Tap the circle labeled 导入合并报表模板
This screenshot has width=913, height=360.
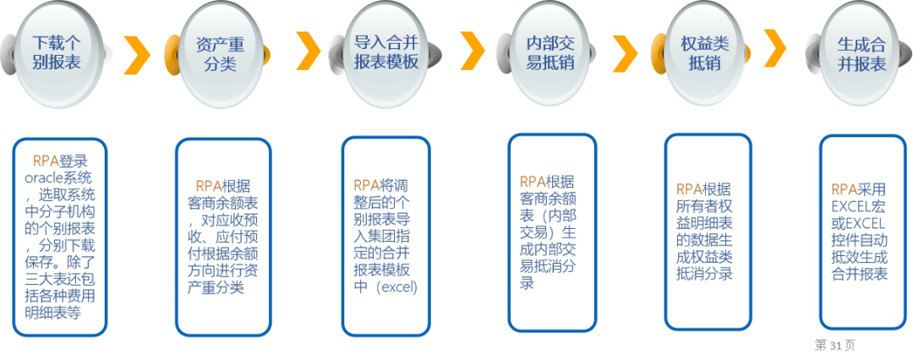385,52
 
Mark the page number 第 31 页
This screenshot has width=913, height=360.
834,345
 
